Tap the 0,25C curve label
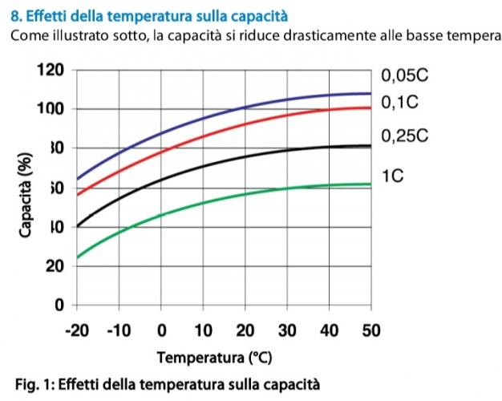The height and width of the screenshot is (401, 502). pyautogui.click(x=405, y=136)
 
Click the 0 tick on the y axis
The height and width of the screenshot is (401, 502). pyautogui.click(x=59, y=306)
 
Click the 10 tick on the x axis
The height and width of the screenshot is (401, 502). pyautogui.click(x=203, y=330)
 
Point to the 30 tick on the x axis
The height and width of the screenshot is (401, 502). pyautogui.click(x=287, y=330)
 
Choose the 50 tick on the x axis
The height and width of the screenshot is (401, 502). pyautogui.click(x=371, y=330)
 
